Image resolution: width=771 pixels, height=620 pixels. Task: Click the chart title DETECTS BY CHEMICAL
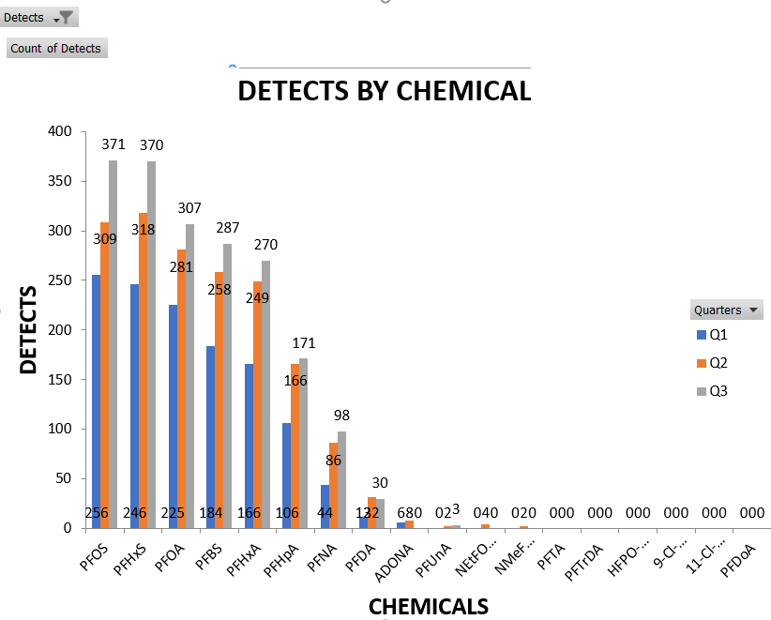[x=385, y=91]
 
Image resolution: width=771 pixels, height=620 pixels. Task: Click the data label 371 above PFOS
[x=113, y=144]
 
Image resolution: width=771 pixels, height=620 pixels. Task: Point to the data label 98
[x=342, y=416]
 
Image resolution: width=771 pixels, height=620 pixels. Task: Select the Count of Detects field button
[x=56, y=49]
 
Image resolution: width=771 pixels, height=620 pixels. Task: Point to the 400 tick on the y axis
[x=59, y=131]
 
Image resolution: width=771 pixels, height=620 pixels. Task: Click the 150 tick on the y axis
[x=59, y=379]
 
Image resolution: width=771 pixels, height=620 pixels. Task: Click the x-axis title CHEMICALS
[x=429, y=606]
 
